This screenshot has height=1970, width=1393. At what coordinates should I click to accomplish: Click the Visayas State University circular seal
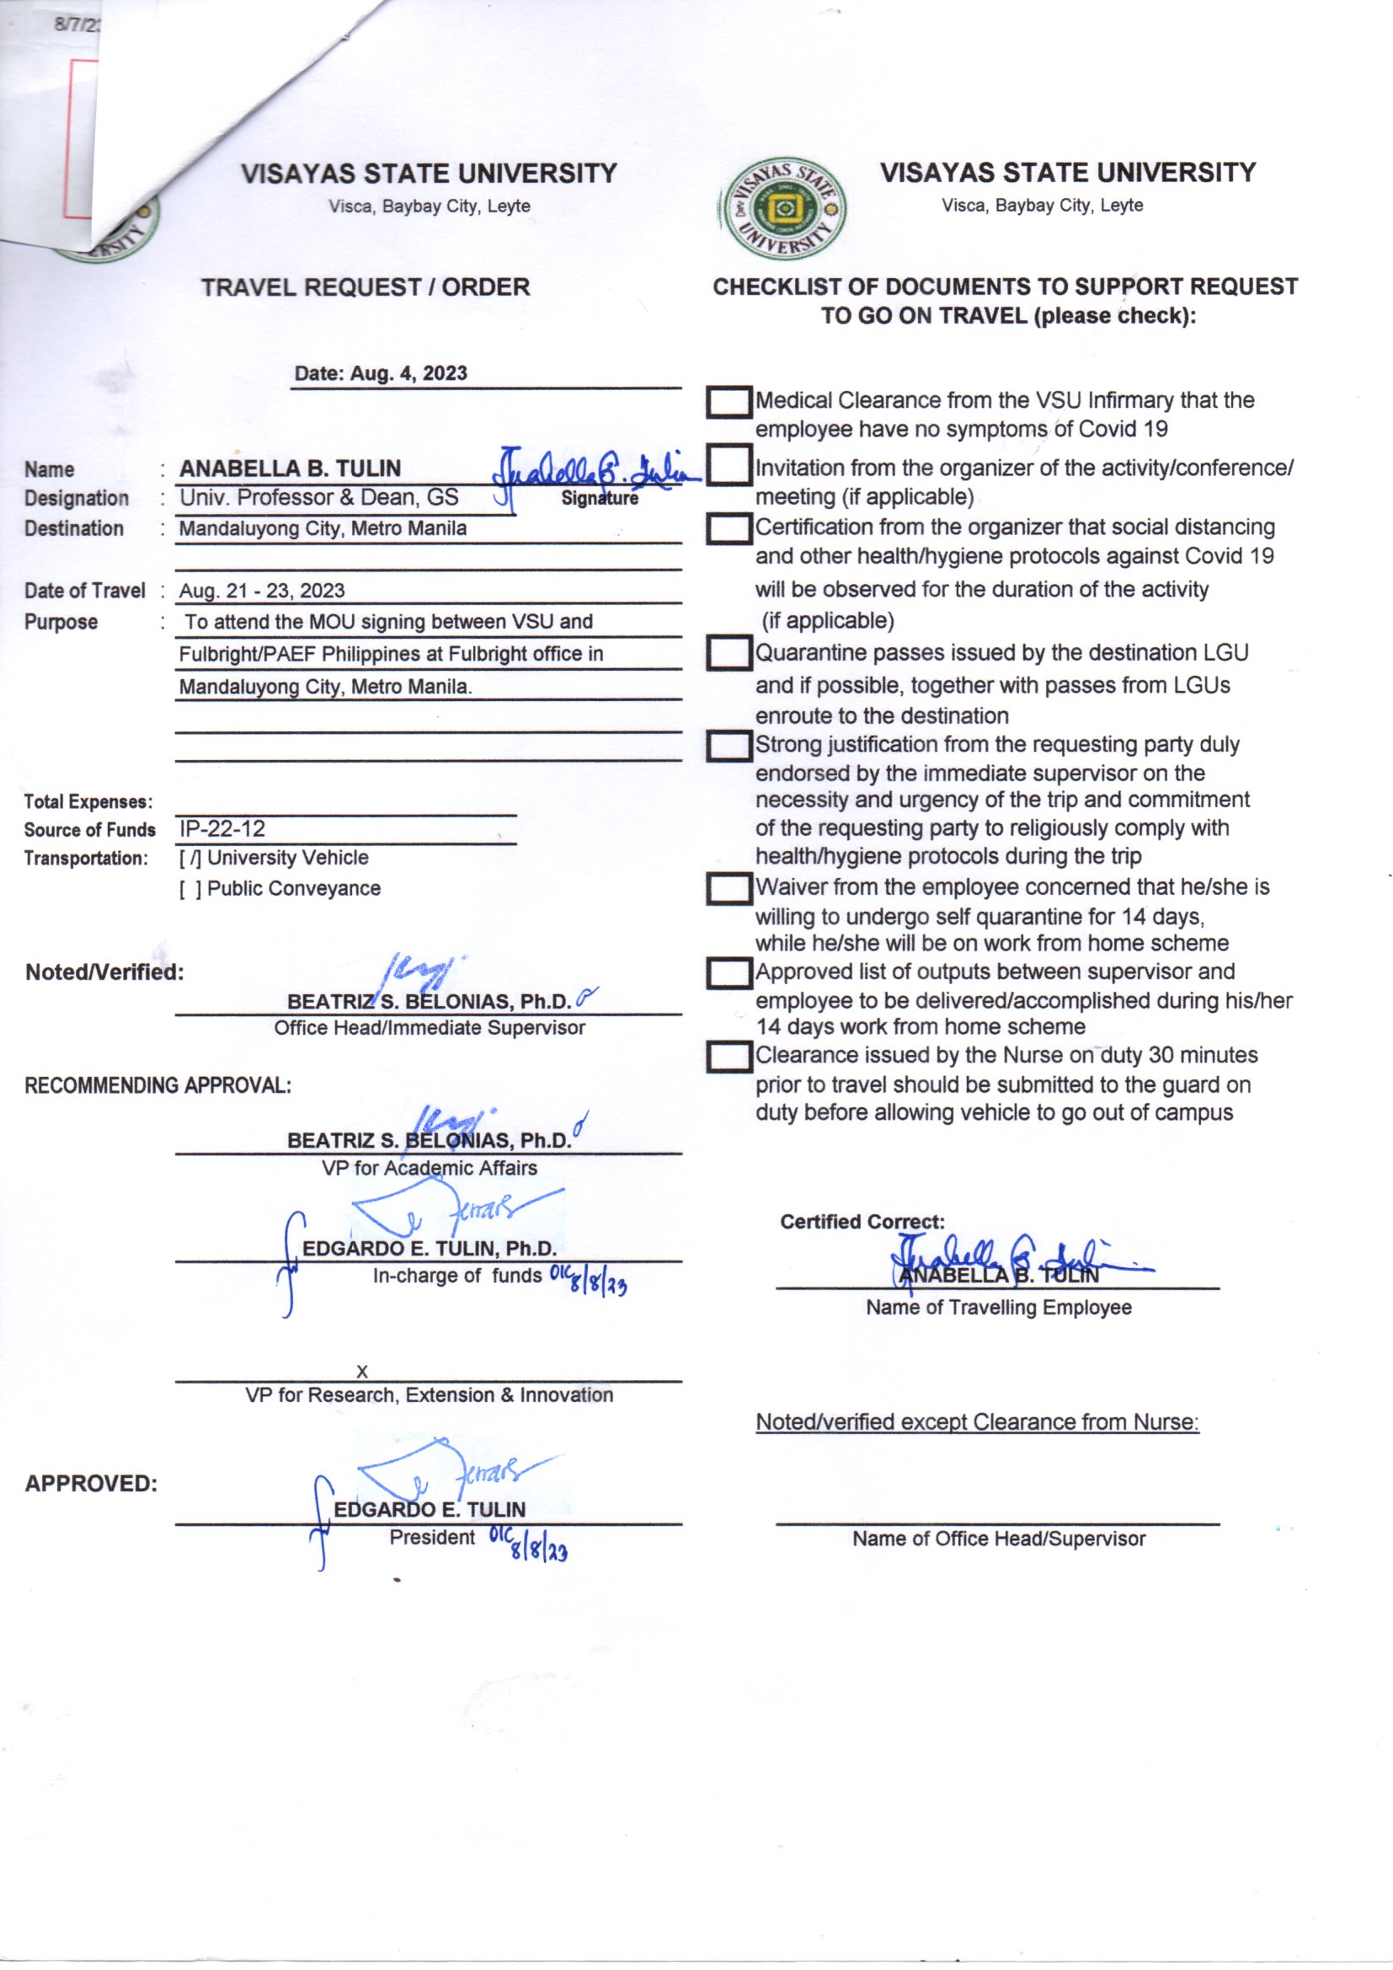782,208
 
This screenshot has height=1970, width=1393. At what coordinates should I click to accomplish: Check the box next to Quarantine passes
729,654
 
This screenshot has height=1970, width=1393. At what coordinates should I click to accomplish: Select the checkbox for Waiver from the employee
729,889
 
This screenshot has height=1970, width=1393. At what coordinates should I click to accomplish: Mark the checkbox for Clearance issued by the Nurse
729,1057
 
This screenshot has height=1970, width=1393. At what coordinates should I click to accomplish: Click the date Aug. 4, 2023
381,373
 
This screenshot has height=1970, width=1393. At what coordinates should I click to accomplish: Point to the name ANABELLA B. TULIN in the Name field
290,468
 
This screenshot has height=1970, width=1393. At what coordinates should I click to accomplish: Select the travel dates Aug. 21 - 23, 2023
262,591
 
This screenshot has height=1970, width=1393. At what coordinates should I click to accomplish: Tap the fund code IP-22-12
222,829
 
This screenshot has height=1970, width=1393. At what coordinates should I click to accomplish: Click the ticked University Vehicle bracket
189,858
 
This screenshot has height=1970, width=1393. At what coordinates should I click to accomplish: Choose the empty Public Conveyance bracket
190,889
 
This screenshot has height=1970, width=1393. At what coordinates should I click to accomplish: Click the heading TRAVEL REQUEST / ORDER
366,286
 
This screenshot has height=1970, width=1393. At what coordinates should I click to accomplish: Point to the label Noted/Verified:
104,972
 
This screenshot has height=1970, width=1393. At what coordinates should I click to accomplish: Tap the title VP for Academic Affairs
429,1168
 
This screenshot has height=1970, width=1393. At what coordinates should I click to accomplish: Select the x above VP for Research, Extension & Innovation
362,1372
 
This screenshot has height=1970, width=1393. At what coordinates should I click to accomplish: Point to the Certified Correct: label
862,1222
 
